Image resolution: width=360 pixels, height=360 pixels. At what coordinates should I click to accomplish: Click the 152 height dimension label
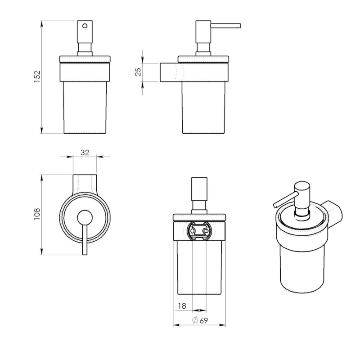[x=37, y=76]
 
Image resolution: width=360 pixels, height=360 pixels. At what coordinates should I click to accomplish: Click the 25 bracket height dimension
[x=139, y=72]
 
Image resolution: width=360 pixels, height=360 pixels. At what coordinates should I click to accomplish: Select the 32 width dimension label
[x=85, y=153]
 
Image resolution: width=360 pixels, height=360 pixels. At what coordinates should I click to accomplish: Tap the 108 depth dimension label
[x=37, y=213]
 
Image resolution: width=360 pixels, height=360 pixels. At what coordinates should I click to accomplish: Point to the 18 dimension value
[x=182, y=306]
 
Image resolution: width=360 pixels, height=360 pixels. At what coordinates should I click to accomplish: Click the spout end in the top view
[x=85, y=252]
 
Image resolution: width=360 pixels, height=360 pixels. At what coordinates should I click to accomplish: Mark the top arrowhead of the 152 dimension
[x=42, y=22]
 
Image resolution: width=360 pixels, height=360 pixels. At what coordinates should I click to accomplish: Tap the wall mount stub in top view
[x=85, y=182]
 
